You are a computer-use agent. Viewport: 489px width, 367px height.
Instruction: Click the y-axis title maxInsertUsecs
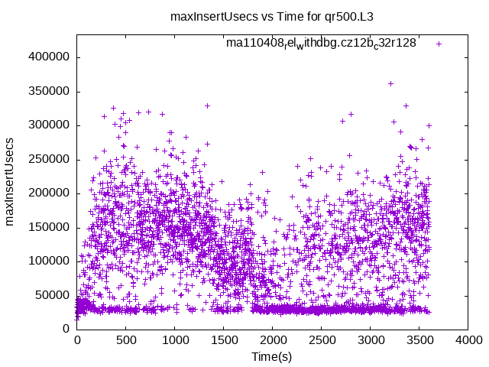coord(10,182)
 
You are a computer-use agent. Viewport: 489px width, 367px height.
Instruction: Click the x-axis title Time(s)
coord(272,357)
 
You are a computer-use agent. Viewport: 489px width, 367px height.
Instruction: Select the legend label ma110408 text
coord(321,44)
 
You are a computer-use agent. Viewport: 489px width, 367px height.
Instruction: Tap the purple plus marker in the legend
coord(439,44)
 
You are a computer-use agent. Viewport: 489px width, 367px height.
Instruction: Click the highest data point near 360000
coord(390,84)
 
